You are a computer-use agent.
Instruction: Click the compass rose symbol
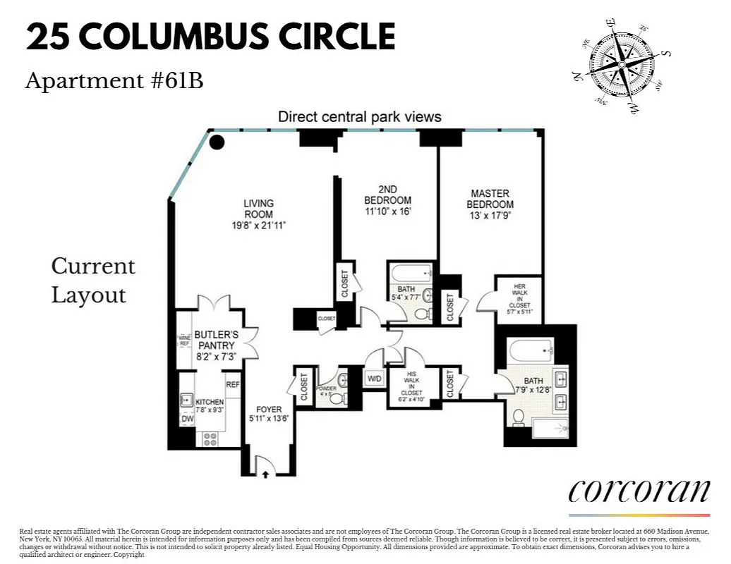[621, 65]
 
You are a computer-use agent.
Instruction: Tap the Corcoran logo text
[639, 489]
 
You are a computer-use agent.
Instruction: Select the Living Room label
[259, 209]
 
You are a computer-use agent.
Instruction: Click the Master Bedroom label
[490, 199]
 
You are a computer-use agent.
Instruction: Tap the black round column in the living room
[217, 142]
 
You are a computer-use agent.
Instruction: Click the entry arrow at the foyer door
[265, 474]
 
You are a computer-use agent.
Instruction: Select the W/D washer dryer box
[374, 379]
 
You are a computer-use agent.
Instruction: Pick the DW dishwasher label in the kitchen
[187, 419]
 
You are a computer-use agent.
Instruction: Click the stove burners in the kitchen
[210, 439]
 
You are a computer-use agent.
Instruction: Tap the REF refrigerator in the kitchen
[233, 385]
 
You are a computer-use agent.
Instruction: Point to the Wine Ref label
[184, 340]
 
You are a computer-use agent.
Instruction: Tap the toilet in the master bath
[519, 417]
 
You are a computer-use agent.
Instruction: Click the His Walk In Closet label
[411, 388]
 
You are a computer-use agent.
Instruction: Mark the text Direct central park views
[360, 117]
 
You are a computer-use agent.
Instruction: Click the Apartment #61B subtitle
[114, 82]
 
